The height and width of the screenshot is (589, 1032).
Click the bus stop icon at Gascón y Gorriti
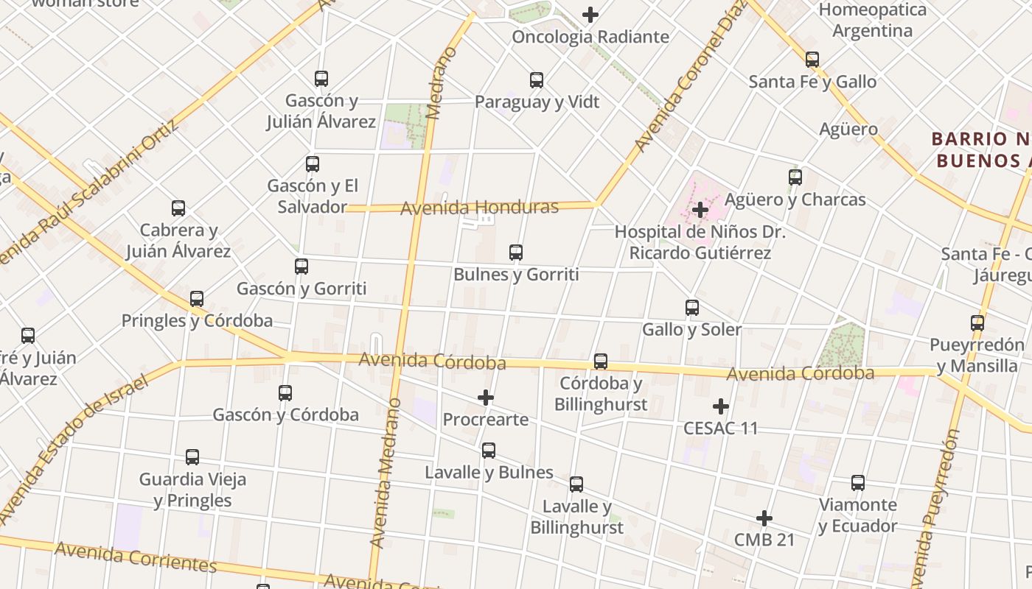click(x=301, y=267)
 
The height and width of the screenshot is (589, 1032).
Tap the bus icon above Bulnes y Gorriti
click(x=516, y=253)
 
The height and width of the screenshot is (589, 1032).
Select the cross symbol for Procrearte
click(x=486, y=398)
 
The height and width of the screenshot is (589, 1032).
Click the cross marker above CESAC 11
click(x=721, y=406)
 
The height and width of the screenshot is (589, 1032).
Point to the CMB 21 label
click(x=764, y=540)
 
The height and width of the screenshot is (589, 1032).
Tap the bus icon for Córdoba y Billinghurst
click(x=601, y=361)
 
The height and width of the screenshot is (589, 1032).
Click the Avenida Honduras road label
click(x=479, y=208)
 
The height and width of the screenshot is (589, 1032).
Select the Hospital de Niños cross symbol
click(x=700, y=211)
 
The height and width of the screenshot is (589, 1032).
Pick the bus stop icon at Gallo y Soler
click(x=692, y=308)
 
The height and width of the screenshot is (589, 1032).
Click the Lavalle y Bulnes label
click(x=489, y=472)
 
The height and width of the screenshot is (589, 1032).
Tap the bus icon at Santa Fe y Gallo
click(x=812, y=60)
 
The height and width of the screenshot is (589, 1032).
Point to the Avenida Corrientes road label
click(x=136, y=557)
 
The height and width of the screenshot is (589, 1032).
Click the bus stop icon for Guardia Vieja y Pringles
click(x=192, y=457)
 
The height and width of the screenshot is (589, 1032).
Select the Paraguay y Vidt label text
click(x=537, y=102)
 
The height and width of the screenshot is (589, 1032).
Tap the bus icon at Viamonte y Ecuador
click(x=858, y=483)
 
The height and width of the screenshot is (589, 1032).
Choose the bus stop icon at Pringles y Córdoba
click(x=197, y=299)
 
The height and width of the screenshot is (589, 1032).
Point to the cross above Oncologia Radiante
click(x=590, y=15)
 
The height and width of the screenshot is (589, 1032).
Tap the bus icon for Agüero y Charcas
click(x=795, y=177)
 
